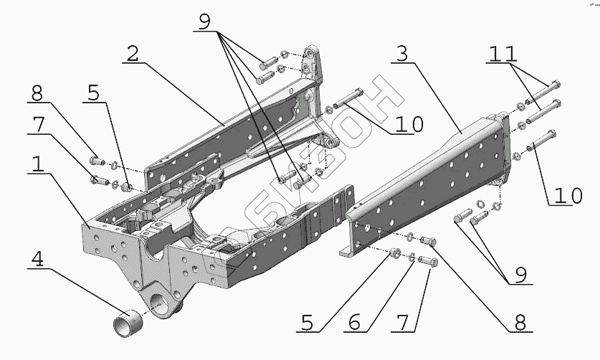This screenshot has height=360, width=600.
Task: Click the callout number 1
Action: point(38,164)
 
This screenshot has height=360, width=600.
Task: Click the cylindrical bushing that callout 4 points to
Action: point(127,320)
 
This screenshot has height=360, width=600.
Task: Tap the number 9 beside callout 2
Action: point(206,22)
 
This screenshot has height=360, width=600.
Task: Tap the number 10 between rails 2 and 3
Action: point(408,123)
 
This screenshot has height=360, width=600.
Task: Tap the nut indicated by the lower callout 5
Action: point(394,253)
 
